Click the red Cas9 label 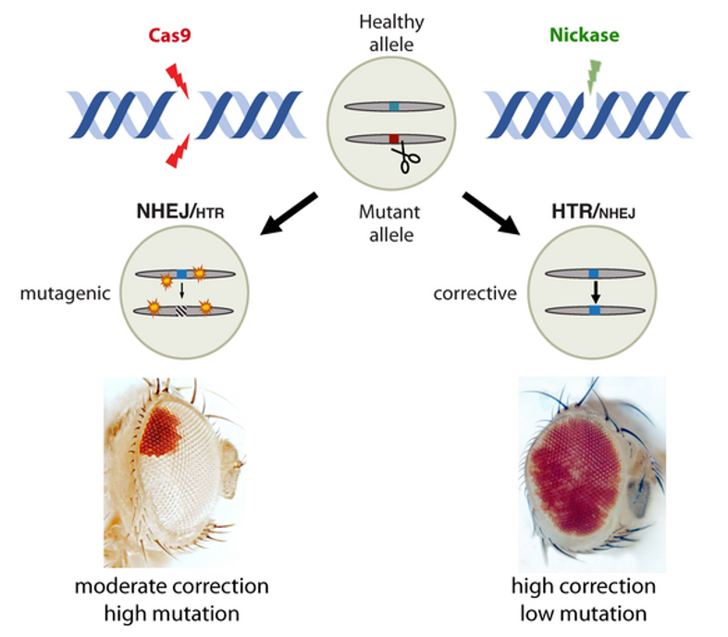[175, 36]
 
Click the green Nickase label [586, 36]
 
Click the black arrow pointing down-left [288, 212]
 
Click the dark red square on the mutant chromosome [394, 139]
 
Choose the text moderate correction [172, 587]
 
